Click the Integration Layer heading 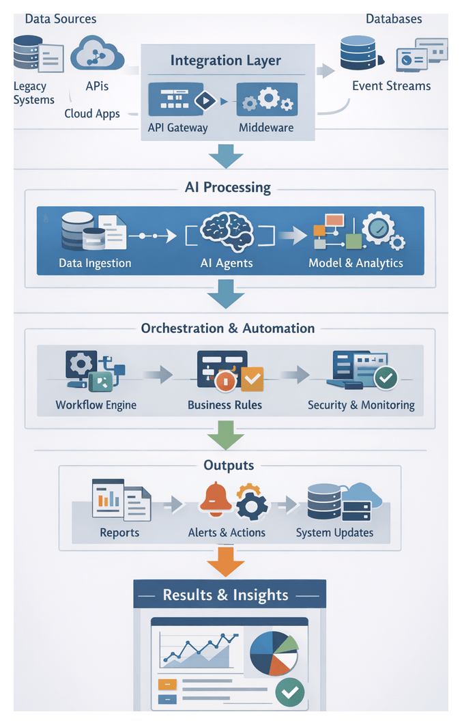click(x=225, y=60)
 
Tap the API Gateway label click(x=177, y=128)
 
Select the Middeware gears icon click(x=267, y=100)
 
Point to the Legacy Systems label click(x=33, y=93)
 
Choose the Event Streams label click(x=391, y=86)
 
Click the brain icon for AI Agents click(x=227, y=234)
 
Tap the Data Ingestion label click(x=95, y=263)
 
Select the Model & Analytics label click(x=356, y=263)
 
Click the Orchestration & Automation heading click(x=228, y=328)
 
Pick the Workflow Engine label click(x=96, y=405)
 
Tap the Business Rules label click(x=225, y=405)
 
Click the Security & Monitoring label click(x=361, y=405)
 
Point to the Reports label click(x=119, y=532)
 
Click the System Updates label click(x=334, y=532)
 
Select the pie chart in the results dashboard click(x=274, y=652)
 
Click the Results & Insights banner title click(x=225, y=595)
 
